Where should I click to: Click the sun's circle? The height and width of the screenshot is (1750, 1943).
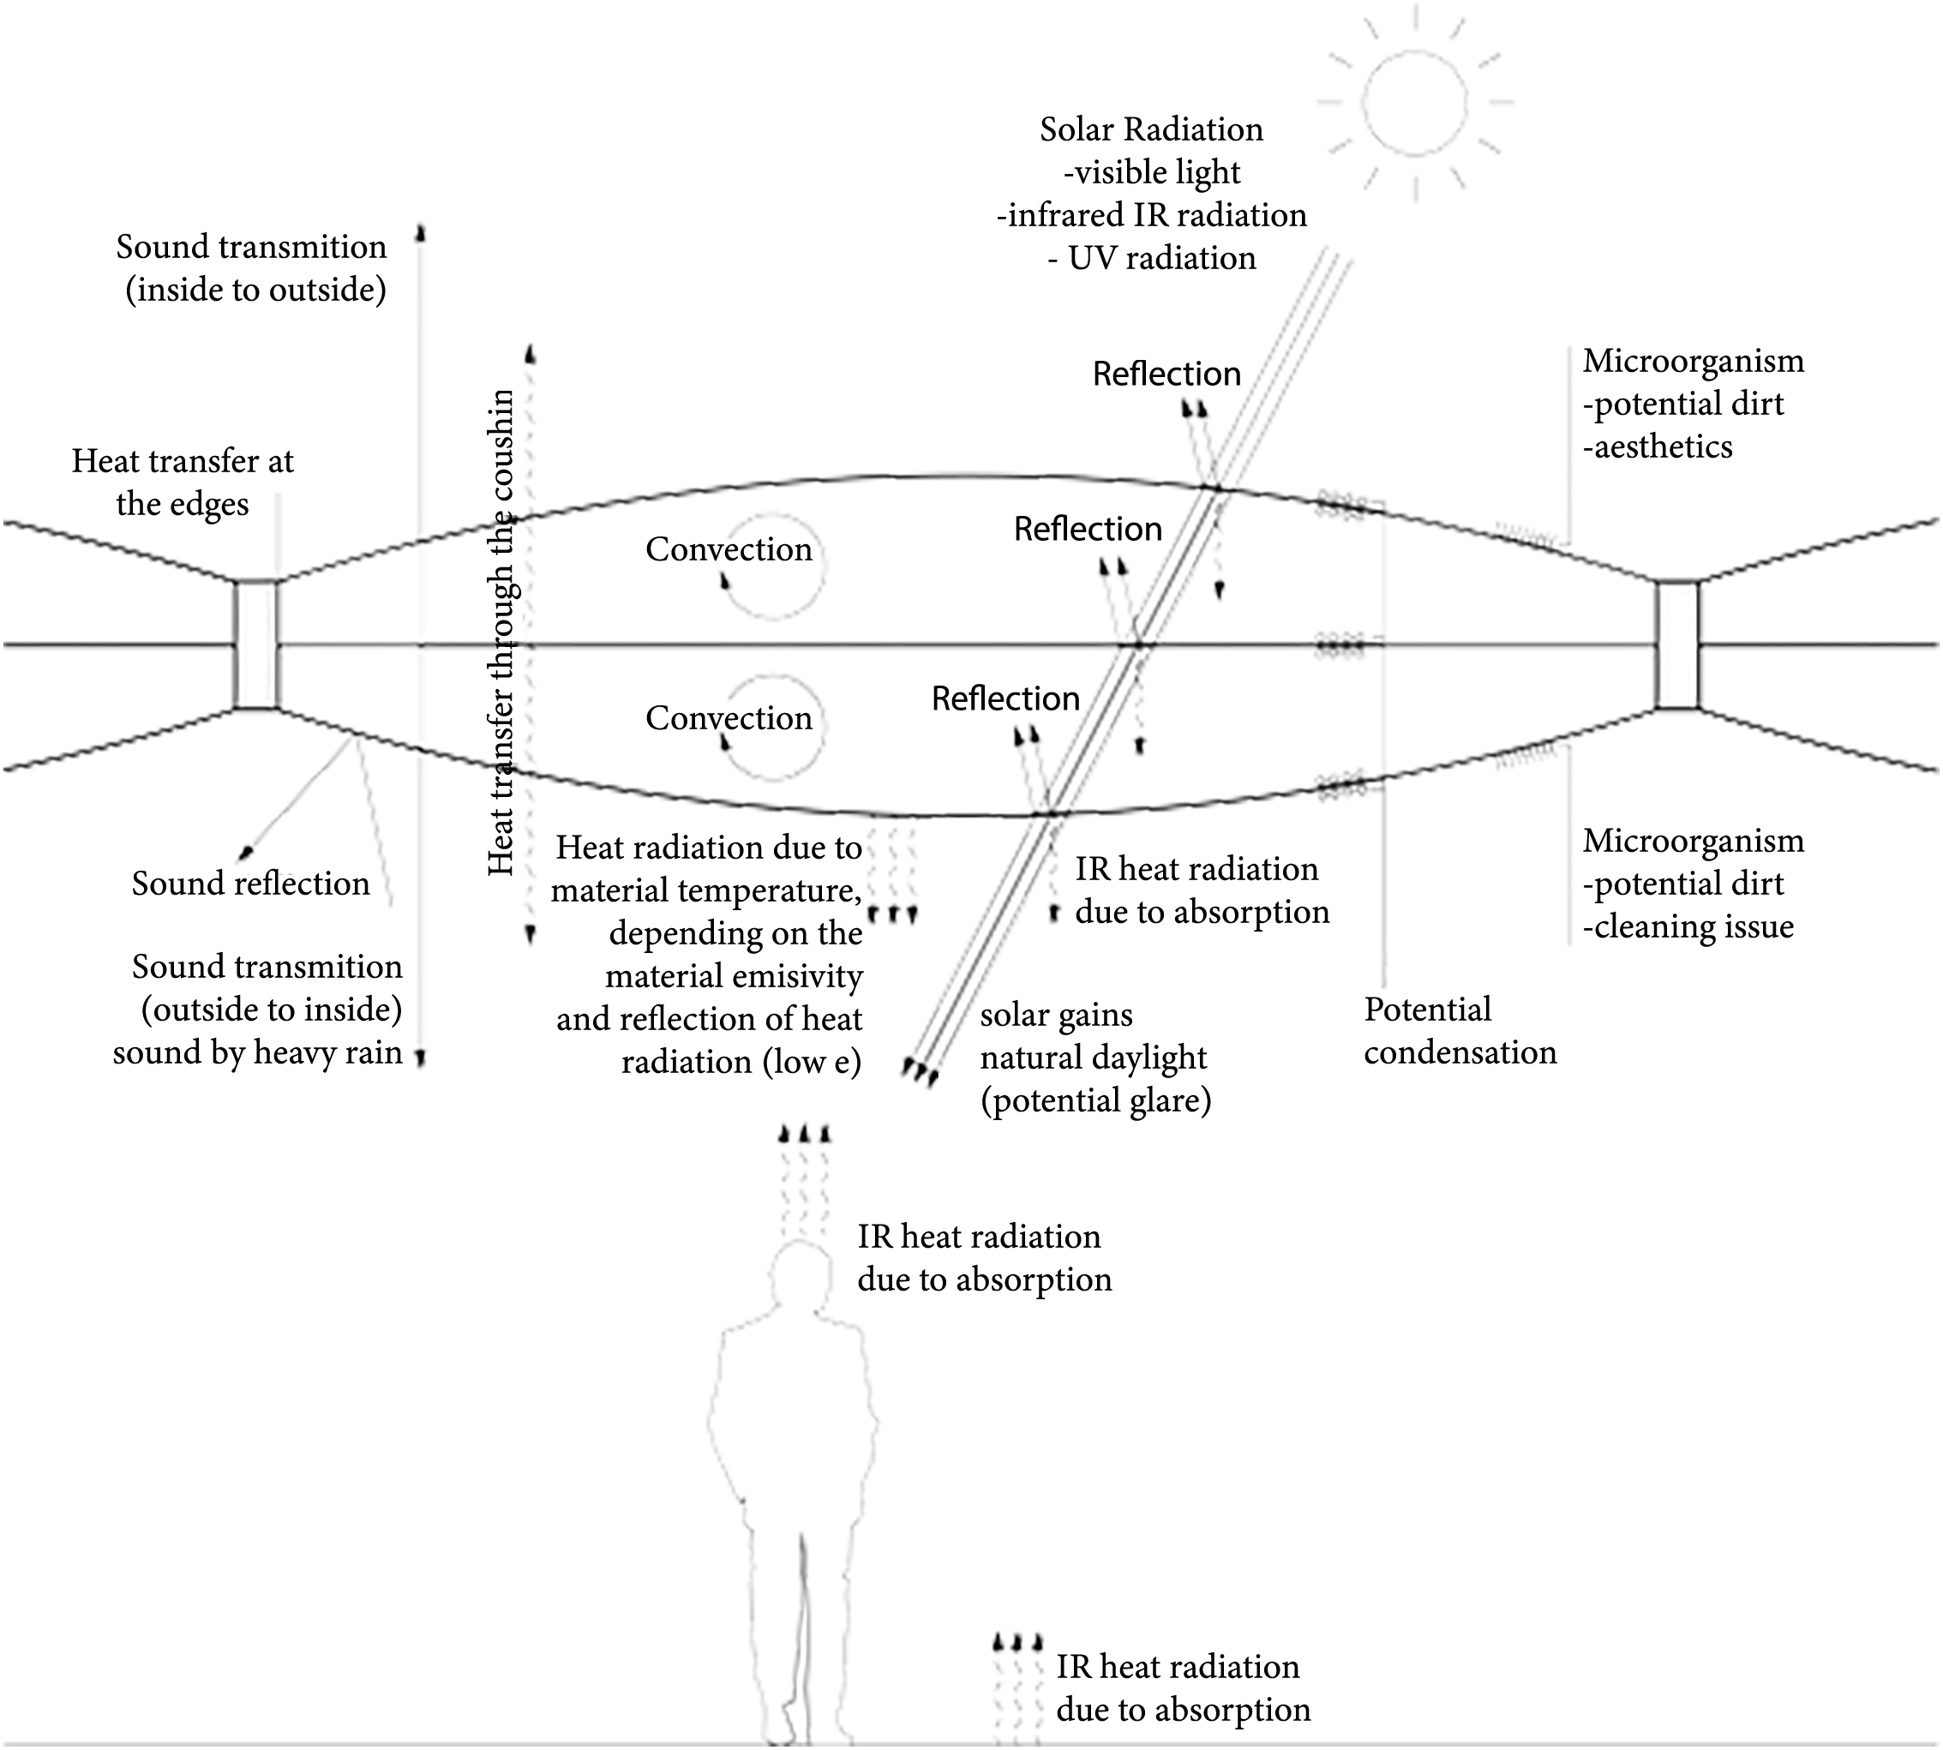1414,102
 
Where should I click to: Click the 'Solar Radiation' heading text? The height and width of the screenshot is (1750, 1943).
1151,129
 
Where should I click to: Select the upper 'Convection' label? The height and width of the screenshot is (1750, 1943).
729,549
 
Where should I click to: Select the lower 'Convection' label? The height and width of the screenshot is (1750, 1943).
729,718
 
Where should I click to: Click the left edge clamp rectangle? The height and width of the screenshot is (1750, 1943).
256,644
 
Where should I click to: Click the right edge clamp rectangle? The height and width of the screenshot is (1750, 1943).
1677,644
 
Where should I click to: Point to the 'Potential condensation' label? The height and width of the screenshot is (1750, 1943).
1460,1031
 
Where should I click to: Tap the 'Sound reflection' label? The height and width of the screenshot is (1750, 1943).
250,884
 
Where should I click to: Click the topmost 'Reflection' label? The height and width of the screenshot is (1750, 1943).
1166,374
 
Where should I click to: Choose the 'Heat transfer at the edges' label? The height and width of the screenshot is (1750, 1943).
183,482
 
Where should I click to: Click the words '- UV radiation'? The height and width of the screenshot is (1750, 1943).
1152,259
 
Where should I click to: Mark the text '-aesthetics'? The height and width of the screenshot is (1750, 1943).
1658,447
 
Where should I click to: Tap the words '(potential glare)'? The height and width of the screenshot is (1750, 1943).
1096,1101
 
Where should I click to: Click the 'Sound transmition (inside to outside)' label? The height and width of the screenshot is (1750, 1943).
252,268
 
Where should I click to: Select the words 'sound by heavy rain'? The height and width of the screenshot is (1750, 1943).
258,1053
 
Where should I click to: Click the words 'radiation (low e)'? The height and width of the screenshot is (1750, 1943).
741,1063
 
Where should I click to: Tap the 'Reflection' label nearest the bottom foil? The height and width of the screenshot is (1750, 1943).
1005,699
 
